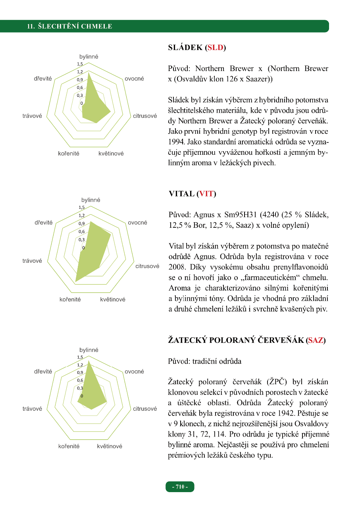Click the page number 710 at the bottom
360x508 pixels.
[180, 487]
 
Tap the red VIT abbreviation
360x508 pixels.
[206, 194]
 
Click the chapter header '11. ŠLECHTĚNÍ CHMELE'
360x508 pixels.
[69, 27]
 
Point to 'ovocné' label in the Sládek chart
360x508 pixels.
[134, 79]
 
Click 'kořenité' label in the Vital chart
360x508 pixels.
[70, 299]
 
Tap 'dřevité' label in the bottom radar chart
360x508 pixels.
[43, 371]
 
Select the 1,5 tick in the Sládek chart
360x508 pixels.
[80, 64]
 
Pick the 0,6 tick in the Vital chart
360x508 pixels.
[82, 231]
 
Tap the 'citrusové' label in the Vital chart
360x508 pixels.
[147, 266]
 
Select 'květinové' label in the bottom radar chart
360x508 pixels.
[110, 446]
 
